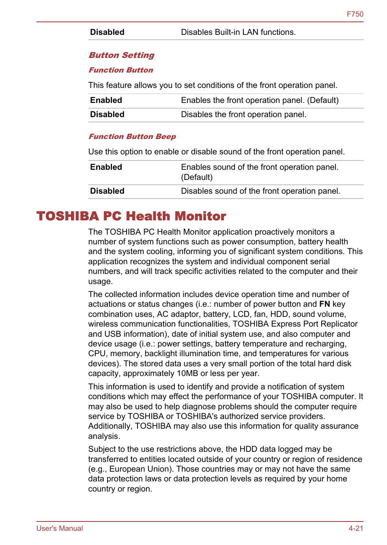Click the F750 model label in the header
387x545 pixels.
pyautogui.click(x=355, y=14)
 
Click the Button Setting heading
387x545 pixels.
pyautogui.click(x=122, y=55)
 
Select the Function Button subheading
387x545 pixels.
pyautogui.click(x=121, y=70)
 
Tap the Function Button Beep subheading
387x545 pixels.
pyautogui.click(x=132, y=137)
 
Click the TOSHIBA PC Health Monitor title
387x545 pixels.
pyautogui.click(x=131, y=216)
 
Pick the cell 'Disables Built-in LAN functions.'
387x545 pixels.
pyautogui.click(x=238, y=32)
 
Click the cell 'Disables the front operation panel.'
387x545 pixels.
pyautogui.click(x=243, y=115)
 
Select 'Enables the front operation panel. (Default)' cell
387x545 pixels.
pyautogui.click(x=260, y=100)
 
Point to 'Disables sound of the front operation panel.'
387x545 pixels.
pyautogui.click(x=260, y=191)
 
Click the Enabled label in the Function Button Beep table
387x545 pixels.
pyautogui.click(x=106, y=167)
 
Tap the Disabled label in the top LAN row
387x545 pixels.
pyautogui.click(x=107, y=32)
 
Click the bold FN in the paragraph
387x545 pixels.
pyautogui.click(x=325, y=304)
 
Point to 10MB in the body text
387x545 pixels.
pyautogui.click(x=187, y=374)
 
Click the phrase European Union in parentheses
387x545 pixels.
pyautogui.click(x=139, y=469)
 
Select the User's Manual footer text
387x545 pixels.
pyautogui.click(x=60, y=528)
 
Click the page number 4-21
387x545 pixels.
pyautogui.click(x=355, y=528)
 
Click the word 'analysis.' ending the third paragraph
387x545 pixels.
pyautogui.click(x=104, y=436)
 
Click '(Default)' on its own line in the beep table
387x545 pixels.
pyautogui.click(x=197, y=177)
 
